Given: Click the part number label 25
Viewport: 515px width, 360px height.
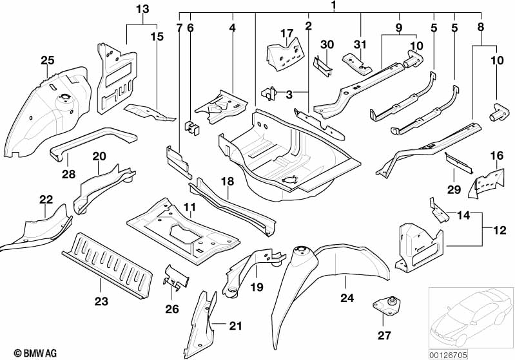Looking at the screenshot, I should [47, 61].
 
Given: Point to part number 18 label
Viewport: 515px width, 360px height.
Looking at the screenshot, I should [228, 182].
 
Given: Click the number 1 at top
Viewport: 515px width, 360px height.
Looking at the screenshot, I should [334, 6].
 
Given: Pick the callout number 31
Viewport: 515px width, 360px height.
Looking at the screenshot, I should [361, 44].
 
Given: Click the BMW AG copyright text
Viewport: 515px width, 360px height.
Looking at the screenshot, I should [23, 352].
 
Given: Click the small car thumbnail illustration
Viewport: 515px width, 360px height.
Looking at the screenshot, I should [469, 317].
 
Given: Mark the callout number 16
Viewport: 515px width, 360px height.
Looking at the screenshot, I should [496, 156].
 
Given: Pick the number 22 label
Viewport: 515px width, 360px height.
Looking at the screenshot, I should [45, 200].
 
